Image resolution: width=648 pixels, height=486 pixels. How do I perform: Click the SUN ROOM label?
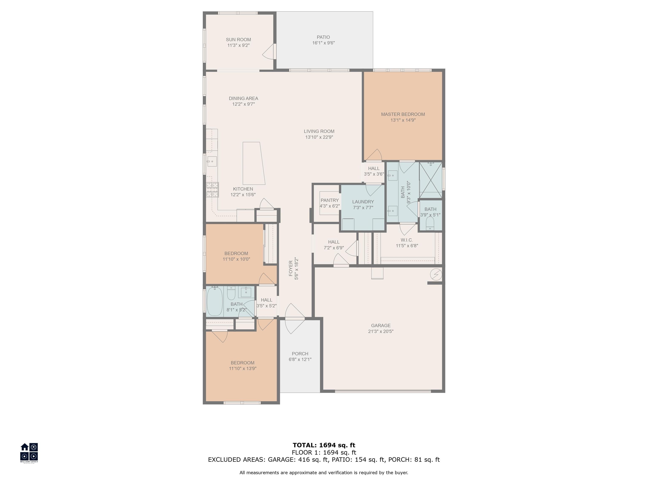pyautogui.click(x=238, y=39)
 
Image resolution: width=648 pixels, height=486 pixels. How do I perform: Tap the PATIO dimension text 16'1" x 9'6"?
pyautogui.click(x=323, y=43)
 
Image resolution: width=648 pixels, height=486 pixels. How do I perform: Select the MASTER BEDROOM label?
pyautogui.click(x=403, y=114)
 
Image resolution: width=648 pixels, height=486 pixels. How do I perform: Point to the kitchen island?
pyautogui.click(x=254, y=163)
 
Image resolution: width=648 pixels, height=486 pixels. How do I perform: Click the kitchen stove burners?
pyautogui.click(x=212, y=190)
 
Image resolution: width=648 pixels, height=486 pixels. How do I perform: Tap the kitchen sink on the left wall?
pyautogui.click(x=212, y=161)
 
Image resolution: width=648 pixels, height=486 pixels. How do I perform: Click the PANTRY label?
pyautogui.click(x=329, y=200)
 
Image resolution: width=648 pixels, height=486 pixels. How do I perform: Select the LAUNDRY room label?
pyautogui.click(x=363, y=202)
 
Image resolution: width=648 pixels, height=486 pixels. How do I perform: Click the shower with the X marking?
pyautogui.click(x=431, y=180)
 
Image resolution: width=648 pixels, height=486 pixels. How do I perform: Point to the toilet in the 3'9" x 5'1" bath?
pyautogui.click(x=430, y=223)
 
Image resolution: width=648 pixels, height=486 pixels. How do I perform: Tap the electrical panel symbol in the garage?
pyautogui.click(x=436, y=274)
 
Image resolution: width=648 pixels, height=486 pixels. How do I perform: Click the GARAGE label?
pyautogui.click(x=381, y=325)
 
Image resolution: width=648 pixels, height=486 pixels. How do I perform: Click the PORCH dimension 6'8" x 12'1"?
pyautogui.click(x=300, y=359)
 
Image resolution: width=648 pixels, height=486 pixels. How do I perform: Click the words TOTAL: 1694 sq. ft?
pyautogui.click(x=324, y=445)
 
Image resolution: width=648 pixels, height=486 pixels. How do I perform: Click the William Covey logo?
pyautogui.click(x=29, y=453)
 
